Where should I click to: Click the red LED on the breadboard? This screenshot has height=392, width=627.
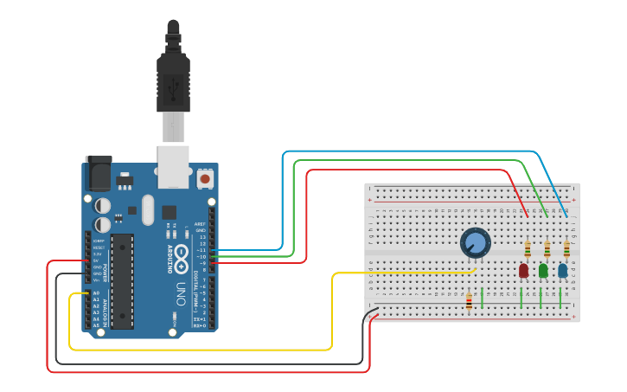tap(523, 271)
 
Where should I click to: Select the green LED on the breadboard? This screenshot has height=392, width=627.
tap(543, 271)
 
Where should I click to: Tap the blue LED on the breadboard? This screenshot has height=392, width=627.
tap(563, 271)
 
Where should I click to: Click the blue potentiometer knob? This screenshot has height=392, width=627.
tap(475, 242)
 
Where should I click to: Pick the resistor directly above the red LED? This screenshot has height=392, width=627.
tap(528, 250)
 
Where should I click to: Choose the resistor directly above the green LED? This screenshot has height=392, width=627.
tap(547, 250)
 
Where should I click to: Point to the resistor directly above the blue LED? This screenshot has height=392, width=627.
tap(566, 250)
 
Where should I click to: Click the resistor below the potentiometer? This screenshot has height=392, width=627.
tap(469, 301)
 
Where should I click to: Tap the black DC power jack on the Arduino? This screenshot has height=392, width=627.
tap(97, 173)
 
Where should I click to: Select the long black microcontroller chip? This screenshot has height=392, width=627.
tap(122, 281)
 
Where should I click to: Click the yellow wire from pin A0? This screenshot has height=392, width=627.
tap(199, 350)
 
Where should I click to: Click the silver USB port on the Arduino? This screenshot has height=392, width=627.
tap(174, 166)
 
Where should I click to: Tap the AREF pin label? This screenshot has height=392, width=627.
tap(201, 223)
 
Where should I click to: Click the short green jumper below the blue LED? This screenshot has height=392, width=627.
tap(561, 299)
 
